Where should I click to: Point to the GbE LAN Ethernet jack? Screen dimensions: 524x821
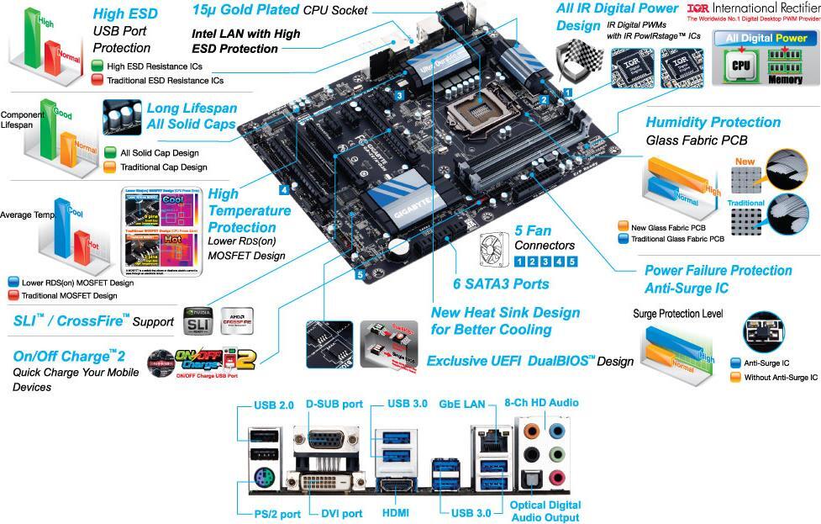point(487,437)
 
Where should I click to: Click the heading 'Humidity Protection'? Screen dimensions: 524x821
point(713,122)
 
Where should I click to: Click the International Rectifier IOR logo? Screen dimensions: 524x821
point(697,9)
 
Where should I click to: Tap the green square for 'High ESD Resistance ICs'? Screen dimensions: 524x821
point(97,66)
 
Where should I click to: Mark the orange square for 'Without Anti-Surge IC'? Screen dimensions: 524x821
point(735,378)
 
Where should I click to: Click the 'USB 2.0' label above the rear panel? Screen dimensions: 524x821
point(273,405)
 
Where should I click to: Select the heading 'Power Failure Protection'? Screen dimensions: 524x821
point(718,270)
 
